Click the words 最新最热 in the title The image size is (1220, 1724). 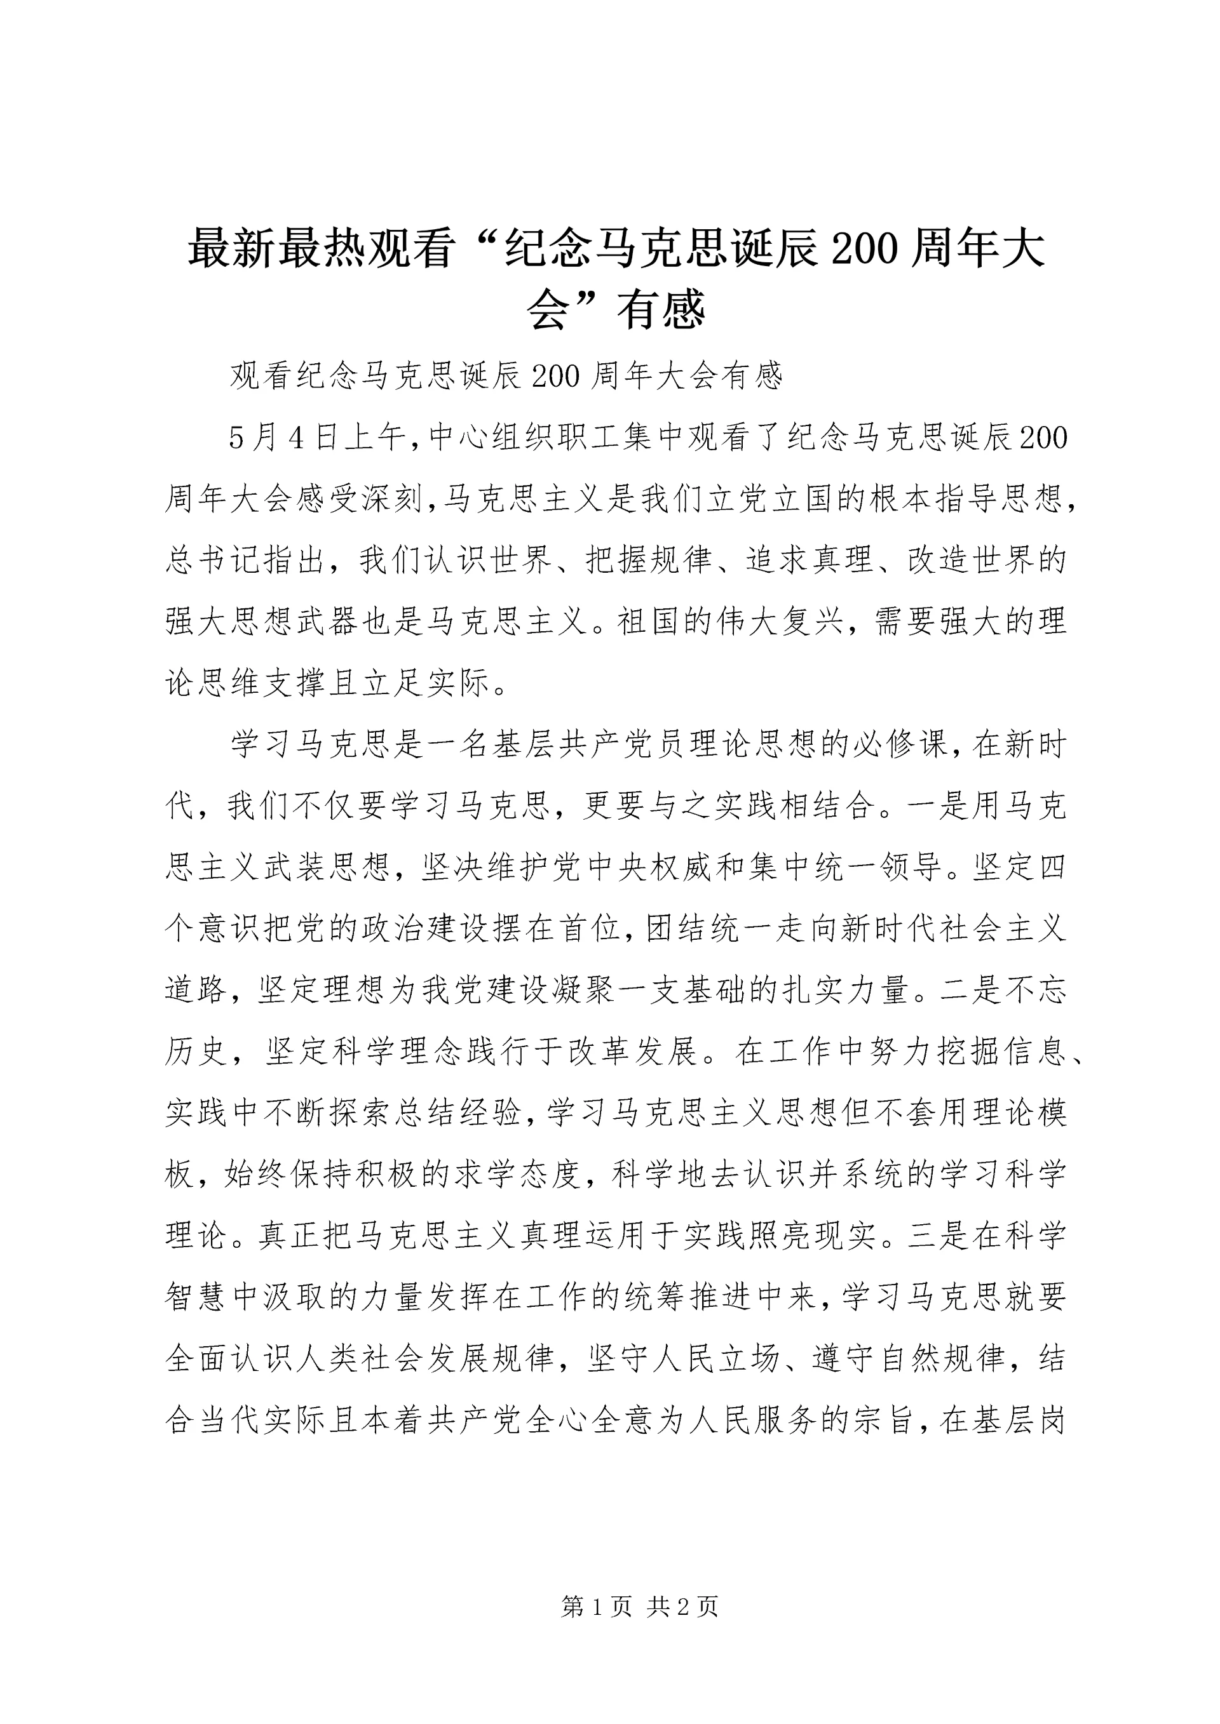pos(277,250)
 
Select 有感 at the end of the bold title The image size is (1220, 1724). pos(660,309)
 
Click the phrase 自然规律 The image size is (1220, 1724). pos(940,1361)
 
